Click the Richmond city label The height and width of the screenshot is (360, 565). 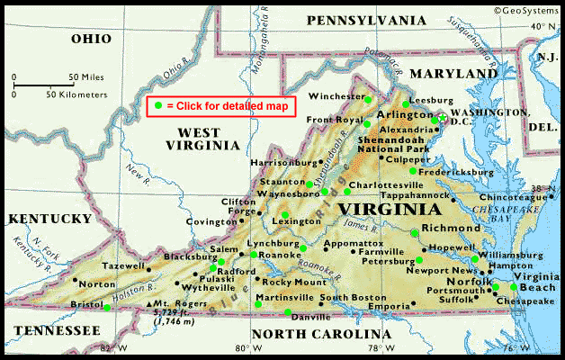pyautogui.click(x=451, y=229)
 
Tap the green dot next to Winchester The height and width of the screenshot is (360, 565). pyautogui.click(x=368, y=97)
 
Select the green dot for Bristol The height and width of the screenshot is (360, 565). pyautogui.click(x=107, y=308)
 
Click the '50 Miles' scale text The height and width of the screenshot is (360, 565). pyautogui.click(x=86, y=77)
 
